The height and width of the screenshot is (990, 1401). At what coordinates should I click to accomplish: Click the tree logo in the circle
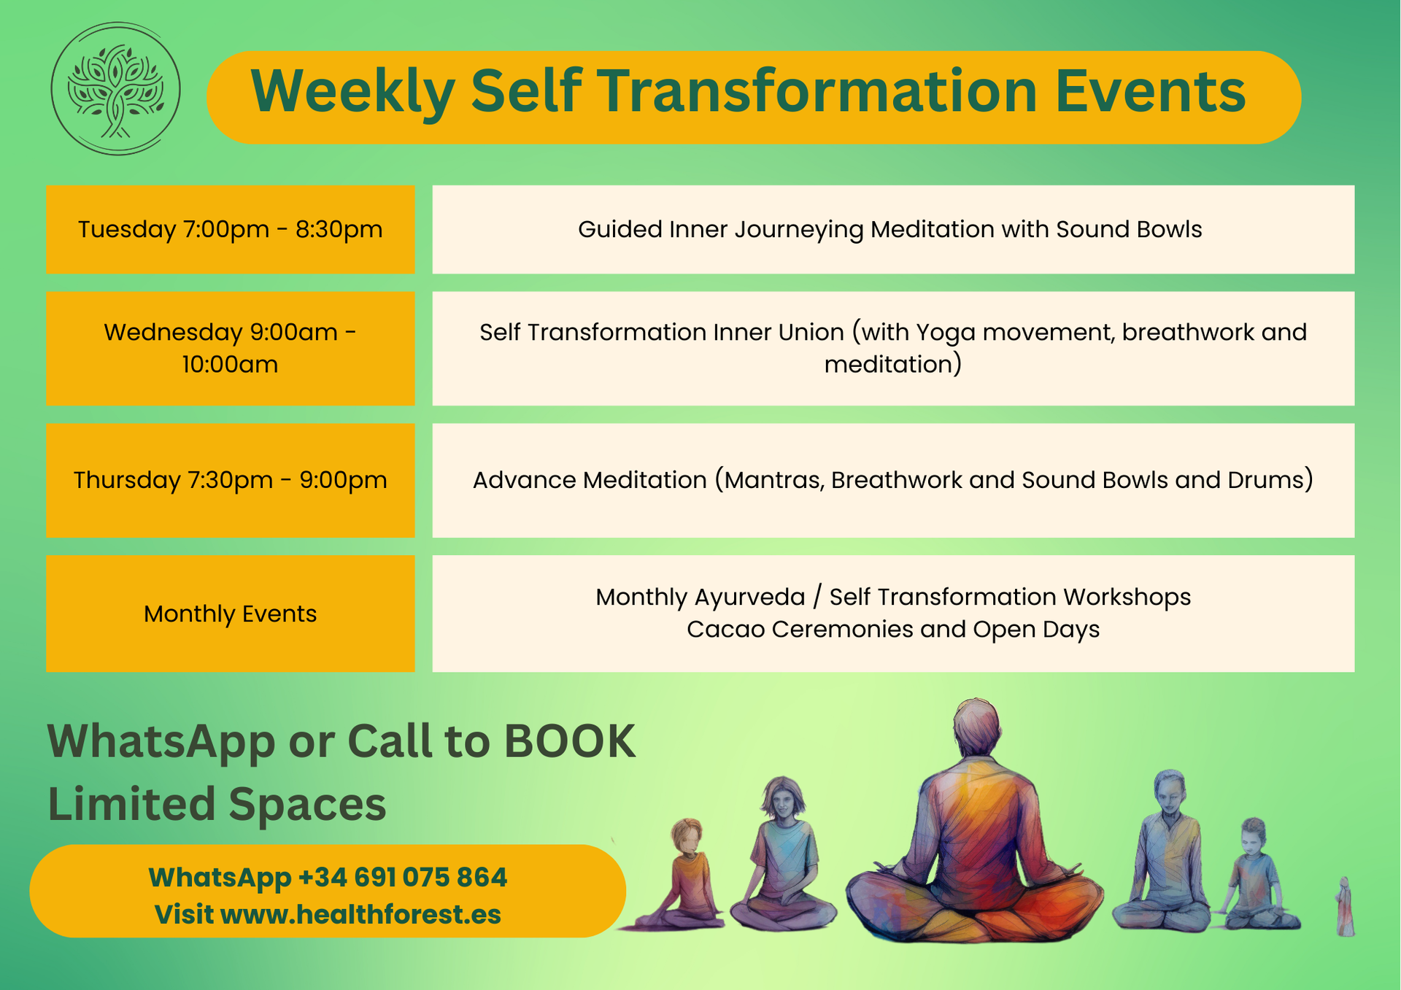115,89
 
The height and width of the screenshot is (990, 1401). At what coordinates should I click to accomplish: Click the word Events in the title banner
1150,90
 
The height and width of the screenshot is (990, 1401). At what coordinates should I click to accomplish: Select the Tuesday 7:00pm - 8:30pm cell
231,230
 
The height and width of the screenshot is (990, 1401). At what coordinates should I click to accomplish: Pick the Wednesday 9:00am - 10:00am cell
231,348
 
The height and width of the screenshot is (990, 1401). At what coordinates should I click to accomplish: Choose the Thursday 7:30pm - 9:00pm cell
231,480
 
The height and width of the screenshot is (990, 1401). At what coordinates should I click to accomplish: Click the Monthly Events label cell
231,614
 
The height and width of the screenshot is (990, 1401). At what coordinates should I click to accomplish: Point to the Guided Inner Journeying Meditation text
786,230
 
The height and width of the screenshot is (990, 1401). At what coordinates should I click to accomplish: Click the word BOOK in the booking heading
570,742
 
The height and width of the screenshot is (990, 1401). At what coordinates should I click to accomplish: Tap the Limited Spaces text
217,805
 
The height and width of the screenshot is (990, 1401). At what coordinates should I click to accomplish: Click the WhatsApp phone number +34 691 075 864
403,878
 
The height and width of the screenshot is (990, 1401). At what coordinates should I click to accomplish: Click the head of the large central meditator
976,727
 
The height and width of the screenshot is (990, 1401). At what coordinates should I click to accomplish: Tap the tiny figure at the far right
1345,907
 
